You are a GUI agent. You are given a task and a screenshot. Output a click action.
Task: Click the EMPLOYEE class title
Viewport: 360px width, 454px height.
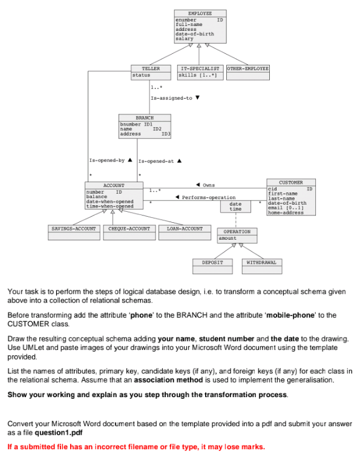point(200,13)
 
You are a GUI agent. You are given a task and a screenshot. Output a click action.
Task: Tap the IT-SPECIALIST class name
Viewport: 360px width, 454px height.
point(200,69)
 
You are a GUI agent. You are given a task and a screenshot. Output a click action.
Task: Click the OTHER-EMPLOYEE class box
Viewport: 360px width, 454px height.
point(247,69)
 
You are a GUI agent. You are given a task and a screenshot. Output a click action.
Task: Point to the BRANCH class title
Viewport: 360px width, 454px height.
point(145,117)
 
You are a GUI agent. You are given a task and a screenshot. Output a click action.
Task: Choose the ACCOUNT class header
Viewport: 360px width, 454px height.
point(114,185)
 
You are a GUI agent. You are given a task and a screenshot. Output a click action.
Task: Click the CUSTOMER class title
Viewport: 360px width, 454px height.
point(291,182)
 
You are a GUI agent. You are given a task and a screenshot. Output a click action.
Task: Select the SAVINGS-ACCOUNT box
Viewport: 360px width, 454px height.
point(74,229)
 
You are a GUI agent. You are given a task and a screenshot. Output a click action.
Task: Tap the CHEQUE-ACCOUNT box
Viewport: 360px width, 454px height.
point(129,229)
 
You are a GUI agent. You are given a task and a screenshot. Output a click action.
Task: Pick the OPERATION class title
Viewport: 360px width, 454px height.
point(237,232)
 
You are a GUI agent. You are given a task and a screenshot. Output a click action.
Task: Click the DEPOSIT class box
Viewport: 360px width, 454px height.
point(212,263)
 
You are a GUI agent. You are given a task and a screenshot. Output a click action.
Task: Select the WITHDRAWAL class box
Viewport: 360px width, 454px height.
point(261,263)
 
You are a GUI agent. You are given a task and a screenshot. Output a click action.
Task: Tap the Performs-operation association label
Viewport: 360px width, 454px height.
point(209,197)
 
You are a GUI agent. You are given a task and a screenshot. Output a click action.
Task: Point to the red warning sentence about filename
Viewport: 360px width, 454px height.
point(136,446)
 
